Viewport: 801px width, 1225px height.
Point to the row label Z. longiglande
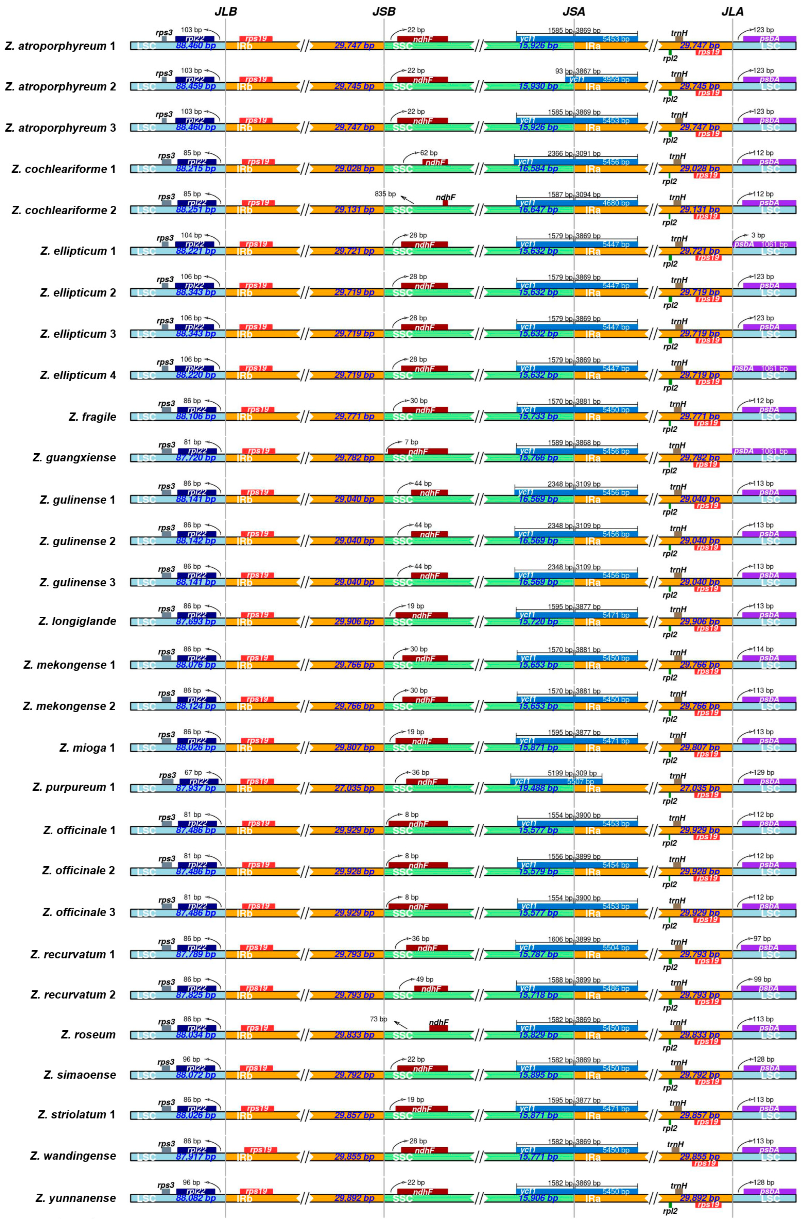tap(77, 621)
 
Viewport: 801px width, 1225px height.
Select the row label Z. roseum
tap(88, 1035)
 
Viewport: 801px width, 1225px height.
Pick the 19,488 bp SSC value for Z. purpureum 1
tap(538, 789)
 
